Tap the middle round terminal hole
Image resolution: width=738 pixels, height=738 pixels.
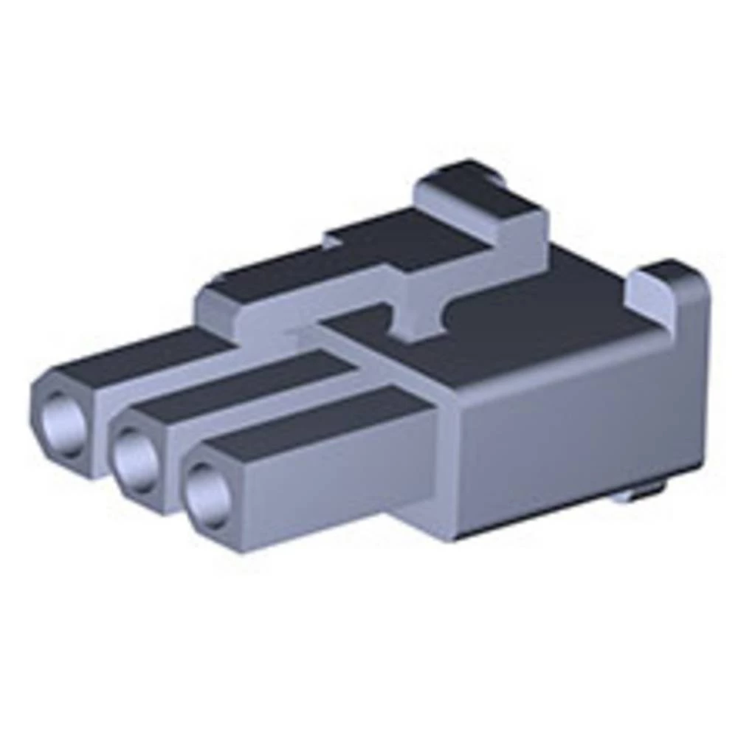point(137,460)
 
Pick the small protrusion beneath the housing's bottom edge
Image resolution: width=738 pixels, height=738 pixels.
point(642,494)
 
